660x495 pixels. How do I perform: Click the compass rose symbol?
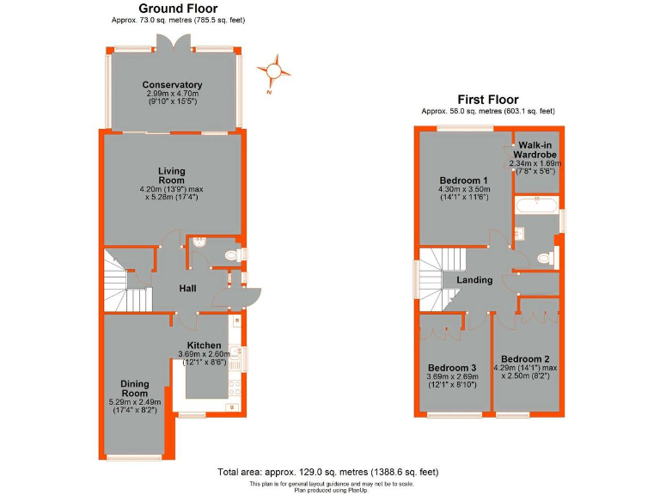274,70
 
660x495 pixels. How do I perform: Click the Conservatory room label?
173,85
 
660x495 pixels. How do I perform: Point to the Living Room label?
172,176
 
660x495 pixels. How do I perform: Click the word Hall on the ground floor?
190,290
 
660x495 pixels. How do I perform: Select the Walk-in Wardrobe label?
535,151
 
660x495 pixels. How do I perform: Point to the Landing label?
474,280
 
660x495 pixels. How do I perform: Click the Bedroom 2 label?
525,359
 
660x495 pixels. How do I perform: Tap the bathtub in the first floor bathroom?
535,205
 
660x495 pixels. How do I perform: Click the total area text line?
329,472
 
